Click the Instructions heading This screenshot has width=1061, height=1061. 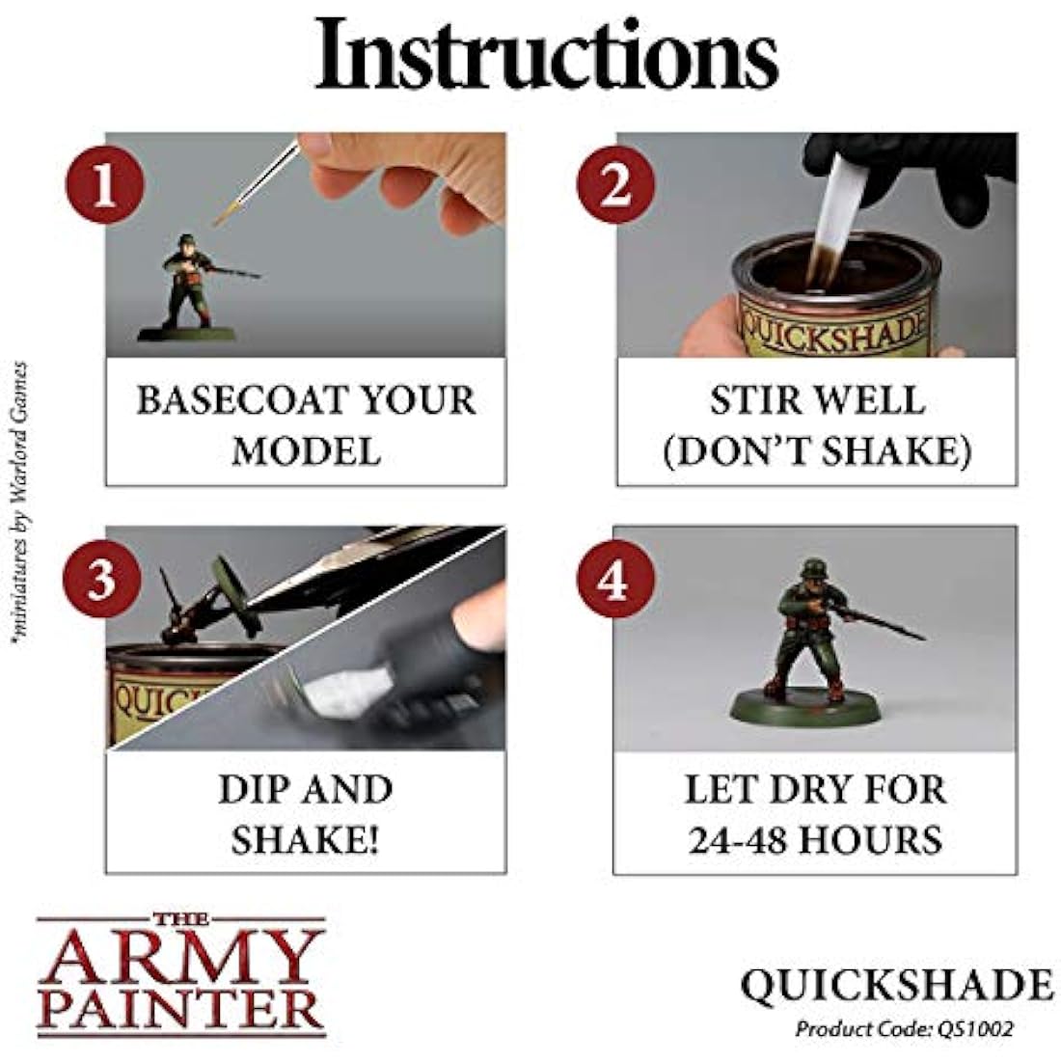click(547, 55)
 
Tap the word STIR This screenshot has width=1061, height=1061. click(758, 400)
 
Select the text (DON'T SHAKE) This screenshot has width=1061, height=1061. click(816, 451)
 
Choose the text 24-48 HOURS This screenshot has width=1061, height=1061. click(815, 840)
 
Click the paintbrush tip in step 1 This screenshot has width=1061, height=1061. click(221, 218)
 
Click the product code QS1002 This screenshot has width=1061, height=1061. click(978, 1028)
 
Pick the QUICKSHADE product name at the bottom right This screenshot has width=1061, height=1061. click(896, 985)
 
